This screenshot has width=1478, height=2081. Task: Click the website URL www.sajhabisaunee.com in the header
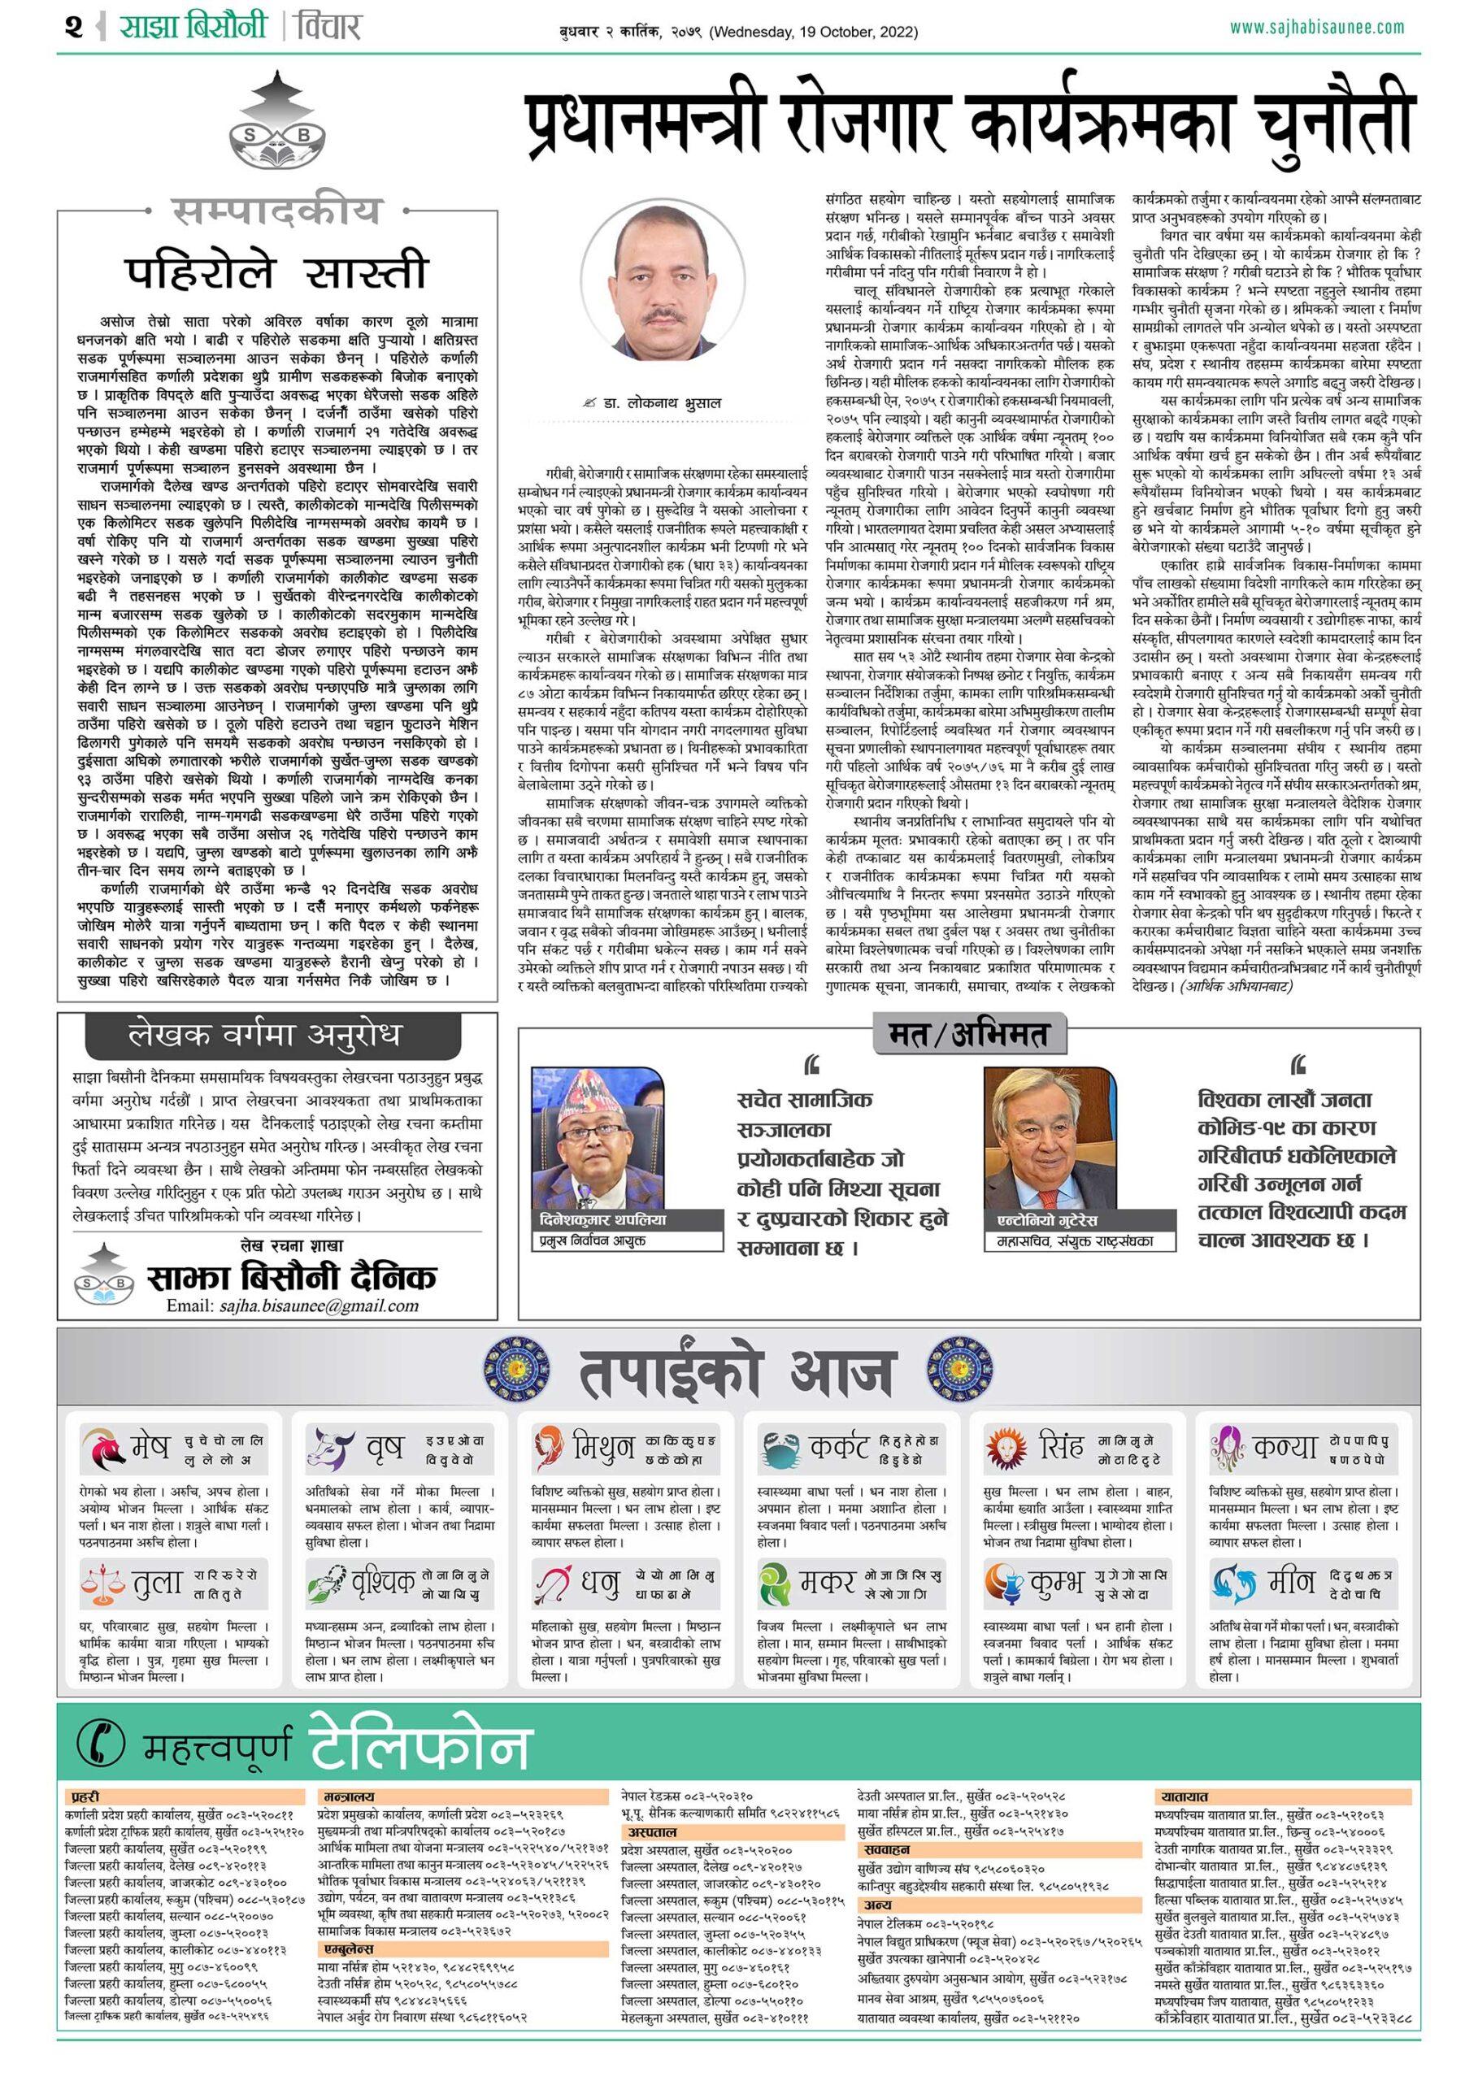[x=1316, y=28]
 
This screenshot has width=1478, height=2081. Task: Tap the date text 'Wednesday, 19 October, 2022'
[x=814, y=33]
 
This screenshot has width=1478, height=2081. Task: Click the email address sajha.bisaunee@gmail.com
[x=292, y=1306]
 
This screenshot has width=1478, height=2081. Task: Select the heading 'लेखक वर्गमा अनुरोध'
[x=264, y=1035]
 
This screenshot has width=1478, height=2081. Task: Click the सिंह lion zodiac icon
[x=1006, y=1447]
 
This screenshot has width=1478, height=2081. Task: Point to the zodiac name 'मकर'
[x=828, y=1584]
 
